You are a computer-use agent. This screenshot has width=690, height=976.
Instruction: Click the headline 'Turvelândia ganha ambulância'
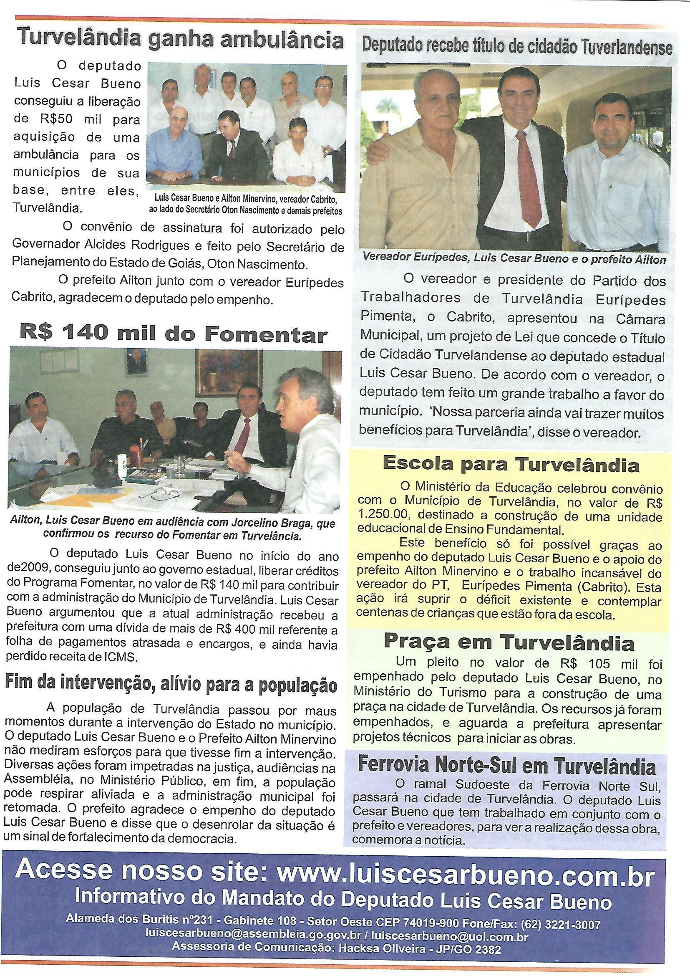pyautogui.click(x=181, y=41)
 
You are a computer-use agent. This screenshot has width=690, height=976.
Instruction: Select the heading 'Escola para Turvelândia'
pyautogui.click(x=511, y=464)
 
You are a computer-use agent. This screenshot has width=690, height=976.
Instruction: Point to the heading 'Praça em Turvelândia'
pyautogui.click(x=509, y=642)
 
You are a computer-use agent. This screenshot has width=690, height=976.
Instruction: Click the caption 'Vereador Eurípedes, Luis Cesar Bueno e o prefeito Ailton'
pyautogui.click(x=514, y=258)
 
